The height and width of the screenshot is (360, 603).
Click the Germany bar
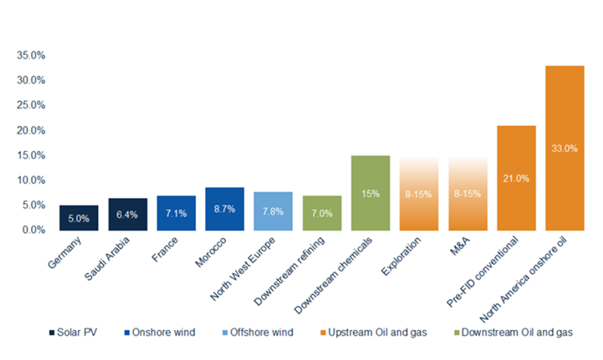[78, 218]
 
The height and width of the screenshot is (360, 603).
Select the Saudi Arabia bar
[127, 215]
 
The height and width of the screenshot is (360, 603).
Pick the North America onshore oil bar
[565, 148]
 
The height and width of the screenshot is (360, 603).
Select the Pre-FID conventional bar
[516, 178]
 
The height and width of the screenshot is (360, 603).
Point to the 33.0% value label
[565, 148]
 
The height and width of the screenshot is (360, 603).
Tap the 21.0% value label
[516, 178]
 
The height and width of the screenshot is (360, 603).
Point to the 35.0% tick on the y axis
[29, 55]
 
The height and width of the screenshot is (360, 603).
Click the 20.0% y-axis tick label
[29, 130]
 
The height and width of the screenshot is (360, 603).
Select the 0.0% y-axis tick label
[32, 230]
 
